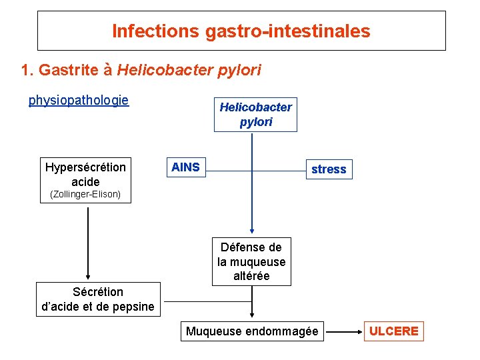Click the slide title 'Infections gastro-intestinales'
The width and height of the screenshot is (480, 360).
241,31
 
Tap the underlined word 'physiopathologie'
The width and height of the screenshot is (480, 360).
79,101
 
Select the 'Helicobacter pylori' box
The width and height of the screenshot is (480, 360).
255,115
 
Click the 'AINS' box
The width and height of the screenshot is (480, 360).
185,167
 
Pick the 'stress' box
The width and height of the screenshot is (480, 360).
329,169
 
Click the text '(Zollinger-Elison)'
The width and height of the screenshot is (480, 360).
85,195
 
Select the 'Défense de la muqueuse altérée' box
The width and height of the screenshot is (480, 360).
251,261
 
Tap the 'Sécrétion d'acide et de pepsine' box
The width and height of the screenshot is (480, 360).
98,299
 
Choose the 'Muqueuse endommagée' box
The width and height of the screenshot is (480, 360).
252,331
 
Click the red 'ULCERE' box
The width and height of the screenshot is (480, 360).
394,331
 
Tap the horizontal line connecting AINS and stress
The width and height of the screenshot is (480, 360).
280,171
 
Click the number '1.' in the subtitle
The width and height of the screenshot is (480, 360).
27,70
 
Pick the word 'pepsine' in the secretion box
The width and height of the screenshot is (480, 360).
132,307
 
